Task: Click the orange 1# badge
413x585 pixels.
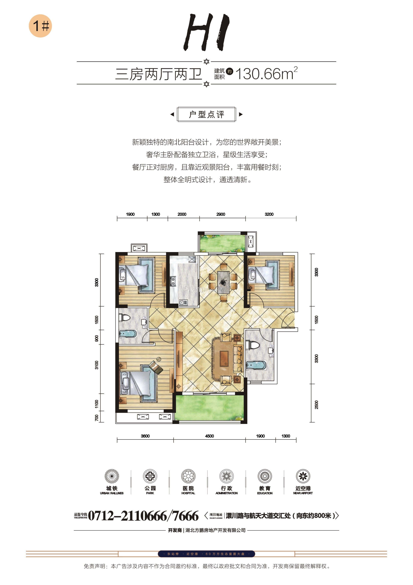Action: pos(40,26)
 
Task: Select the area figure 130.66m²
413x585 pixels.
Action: pos(266,73)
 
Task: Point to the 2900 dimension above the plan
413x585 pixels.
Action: pos(221,214)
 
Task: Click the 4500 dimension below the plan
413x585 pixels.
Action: pos(209,436)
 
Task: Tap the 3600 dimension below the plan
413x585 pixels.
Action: pos(145,436)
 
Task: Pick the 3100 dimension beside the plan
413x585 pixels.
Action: pos(96,365)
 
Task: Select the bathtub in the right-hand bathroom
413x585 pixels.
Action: pos(256,365)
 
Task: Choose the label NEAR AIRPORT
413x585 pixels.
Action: pos(303,493)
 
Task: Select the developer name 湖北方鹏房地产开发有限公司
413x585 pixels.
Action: pos(216,530)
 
